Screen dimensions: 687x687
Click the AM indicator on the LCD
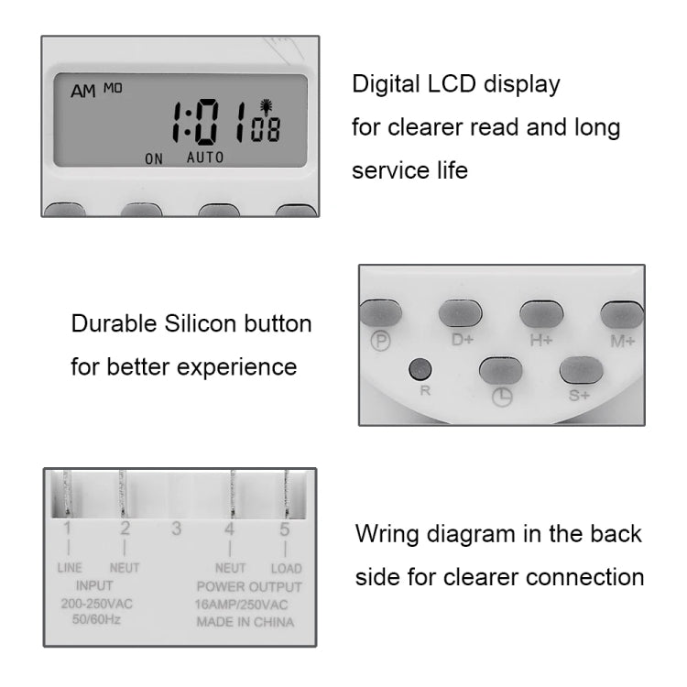[84, 92]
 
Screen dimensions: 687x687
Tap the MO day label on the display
[112, 88]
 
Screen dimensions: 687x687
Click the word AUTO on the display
[205, 157]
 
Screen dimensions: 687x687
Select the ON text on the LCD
[154, 158]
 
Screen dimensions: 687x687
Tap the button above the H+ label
[540, 314]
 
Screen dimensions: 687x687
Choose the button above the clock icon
[501, 371]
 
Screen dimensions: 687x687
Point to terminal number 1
[67, 529]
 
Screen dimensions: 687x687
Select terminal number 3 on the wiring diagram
[176, 529]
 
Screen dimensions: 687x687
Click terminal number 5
[285, 529]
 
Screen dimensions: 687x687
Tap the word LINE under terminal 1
[69, 568]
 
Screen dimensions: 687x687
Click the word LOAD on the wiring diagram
[285, 568]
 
